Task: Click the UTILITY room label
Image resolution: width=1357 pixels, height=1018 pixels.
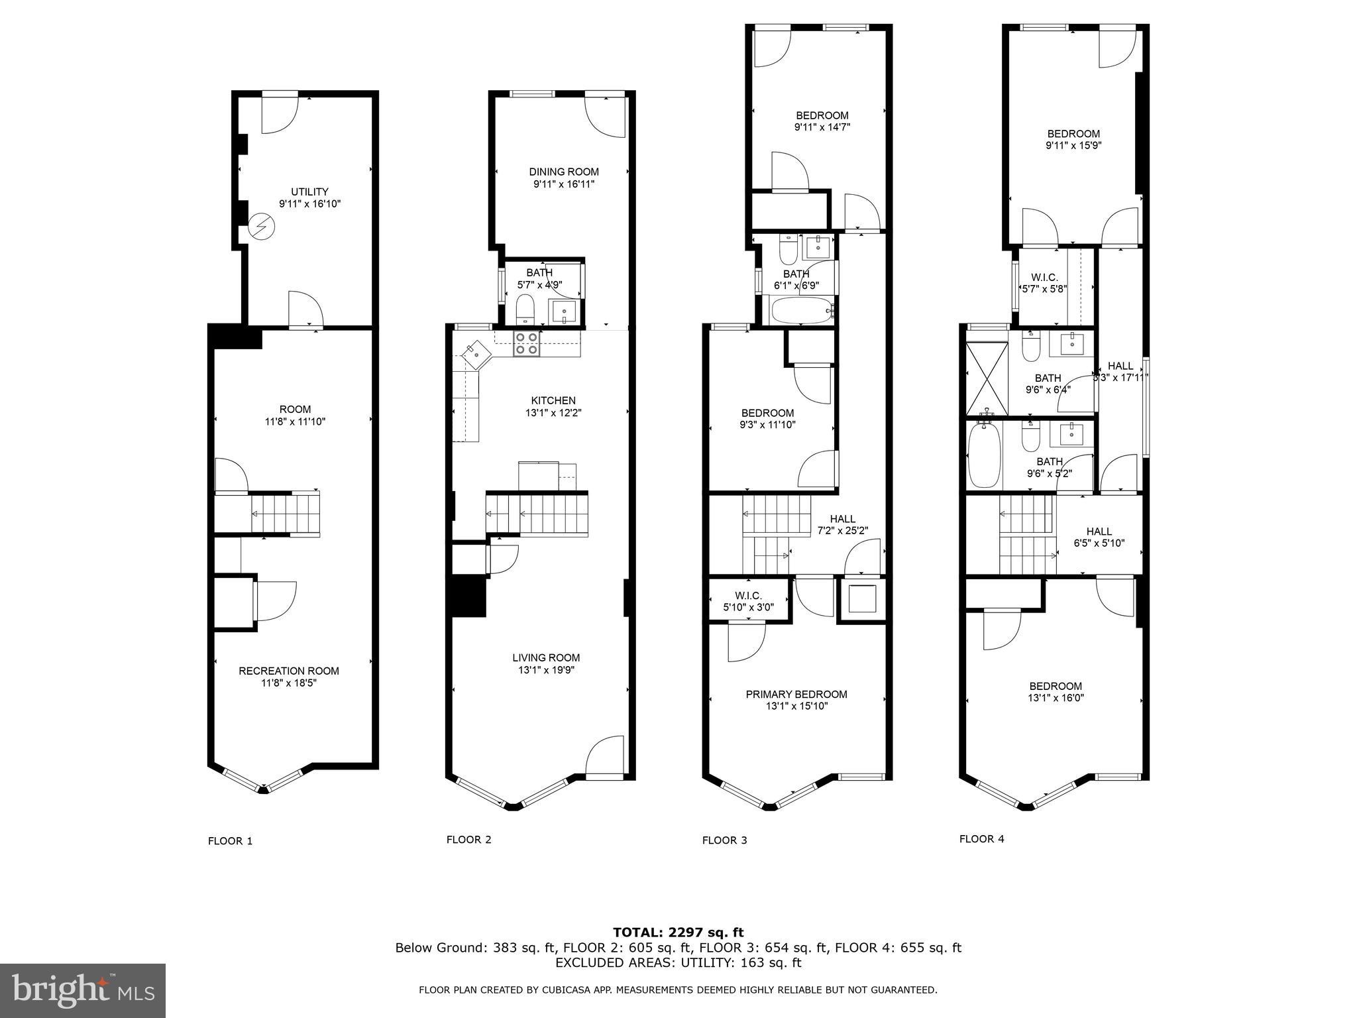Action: [310, 192]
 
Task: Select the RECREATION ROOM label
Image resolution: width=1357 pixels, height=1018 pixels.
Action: [289, 671]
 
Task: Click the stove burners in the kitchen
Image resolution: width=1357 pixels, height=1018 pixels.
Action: [527, 343]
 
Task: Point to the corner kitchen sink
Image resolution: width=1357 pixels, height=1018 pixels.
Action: [476, 355]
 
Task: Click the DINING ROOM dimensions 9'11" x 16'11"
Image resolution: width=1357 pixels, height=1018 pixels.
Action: [564, 184]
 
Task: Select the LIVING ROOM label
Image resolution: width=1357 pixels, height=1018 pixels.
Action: [546, 657]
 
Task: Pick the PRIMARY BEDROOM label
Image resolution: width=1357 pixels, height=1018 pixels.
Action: [796, 694]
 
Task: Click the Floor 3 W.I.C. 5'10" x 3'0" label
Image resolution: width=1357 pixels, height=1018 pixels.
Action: [748, 600]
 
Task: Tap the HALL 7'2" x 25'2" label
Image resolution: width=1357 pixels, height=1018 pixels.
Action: [842, 524]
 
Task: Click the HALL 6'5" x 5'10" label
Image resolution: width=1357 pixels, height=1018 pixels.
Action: [1099, 537]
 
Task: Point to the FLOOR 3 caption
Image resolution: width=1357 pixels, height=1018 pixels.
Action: [724, 840]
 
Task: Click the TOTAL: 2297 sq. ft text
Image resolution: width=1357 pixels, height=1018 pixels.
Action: [678, 933]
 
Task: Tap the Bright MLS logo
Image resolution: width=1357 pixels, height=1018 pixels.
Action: [83, 990]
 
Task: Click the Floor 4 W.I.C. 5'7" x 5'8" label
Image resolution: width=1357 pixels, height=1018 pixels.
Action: [1044, 283]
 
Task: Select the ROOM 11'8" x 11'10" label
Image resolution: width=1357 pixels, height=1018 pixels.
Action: [294, 415]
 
